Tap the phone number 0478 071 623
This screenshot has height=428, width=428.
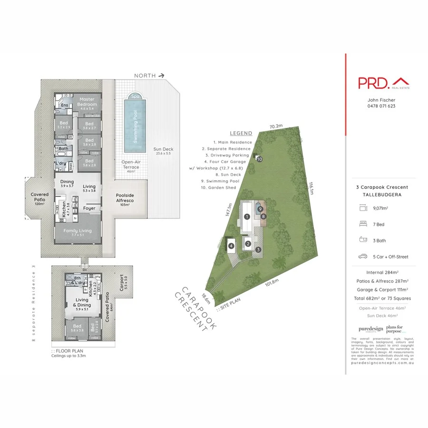tap(381, 106)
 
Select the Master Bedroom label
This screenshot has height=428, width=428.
tap(88, 102)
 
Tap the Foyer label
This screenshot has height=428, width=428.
tap(89, 208)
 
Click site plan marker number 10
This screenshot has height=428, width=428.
tap(260, 159)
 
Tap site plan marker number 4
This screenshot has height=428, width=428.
tap(231, 246)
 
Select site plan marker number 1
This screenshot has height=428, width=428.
tap(247, 216)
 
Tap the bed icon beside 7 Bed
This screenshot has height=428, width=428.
tap(363, 224)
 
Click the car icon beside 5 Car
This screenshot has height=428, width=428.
tap(363, 256)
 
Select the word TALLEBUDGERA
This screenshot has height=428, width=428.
tap(382, 194)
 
